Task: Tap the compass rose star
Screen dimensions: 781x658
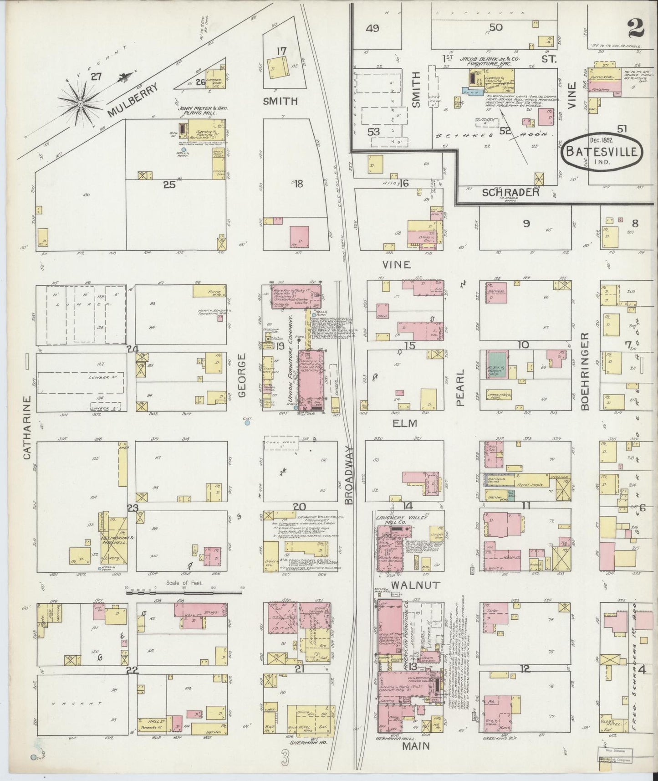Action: [80, 104]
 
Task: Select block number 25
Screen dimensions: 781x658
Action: [169, 185]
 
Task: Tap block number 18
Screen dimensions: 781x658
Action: [298, 184]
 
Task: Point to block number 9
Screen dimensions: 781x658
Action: [526, 224]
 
